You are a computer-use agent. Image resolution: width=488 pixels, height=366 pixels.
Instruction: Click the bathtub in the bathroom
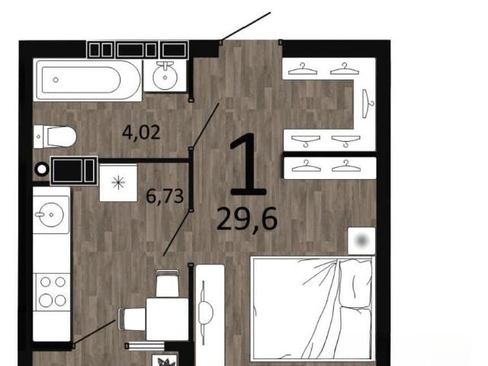pos(88,80)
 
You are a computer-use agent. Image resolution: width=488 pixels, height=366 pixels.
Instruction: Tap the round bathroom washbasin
pos(165,76)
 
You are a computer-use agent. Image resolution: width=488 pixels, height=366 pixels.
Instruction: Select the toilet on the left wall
pos(55,136)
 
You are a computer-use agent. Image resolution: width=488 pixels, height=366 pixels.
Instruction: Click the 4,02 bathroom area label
pos(141,132)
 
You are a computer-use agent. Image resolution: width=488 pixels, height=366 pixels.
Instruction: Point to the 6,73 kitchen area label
pos(165,197)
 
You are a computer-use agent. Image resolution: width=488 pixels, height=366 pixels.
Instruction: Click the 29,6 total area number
pos(247,219)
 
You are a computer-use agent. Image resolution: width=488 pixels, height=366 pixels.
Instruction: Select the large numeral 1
pos(248,165)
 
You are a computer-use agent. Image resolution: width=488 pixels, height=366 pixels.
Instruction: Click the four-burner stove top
pos(52,291)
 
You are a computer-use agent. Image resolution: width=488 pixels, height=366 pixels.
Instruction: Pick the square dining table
pos(168,319)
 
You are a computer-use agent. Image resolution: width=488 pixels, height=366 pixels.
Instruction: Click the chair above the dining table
pos(168,283)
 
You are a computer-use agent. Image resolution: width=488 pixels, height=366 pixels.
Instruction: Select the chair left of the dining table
pos(132,319)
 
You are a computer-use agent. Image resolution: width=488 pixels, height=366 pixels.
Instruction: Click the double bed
pos(313,309)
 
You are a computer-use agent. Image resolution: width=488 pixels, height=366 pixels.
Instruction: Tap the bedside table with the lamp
pos(361,241)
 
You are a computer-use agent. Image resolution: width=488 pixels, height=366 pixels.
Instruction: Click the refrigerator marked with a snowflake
pos(118,183)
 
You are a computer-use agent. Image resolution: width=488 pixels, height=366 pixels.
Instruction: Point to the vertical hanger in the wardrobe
pos(368,104)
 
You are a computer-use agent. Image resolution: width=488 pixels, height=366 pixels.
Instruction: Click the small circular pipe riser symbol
pos(42,169)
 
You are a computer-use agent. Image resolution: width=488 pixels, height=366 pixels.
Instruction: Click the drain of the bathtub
pos(56,80)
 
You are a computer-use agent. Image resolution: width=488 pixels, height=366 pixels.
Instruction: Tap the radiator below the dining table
pos(145,345)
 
